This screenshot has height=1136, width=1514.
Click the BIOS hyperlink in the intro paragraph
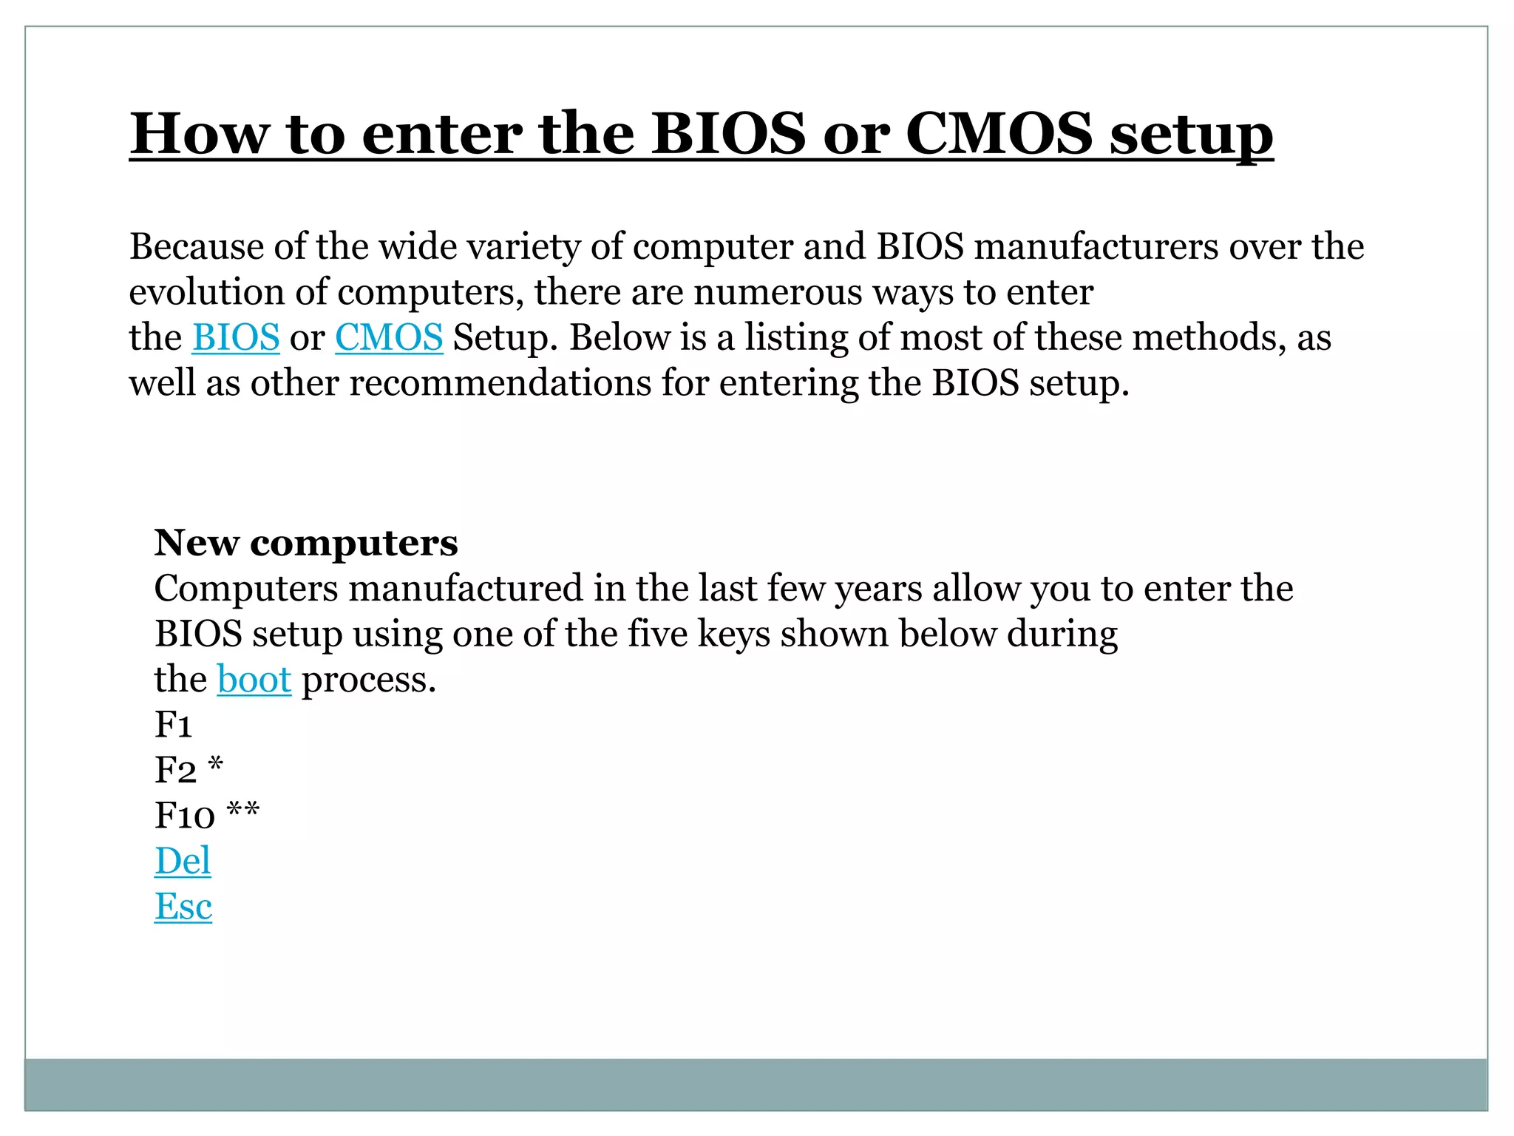(x=236, y=337)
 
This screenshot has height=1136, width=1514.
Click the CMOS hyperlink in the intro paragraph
(x=389, y=337)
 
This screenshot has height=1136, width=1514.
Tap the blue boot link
(x=254, y=679)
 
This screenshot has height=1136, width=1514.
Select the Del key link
(x=183, y=861)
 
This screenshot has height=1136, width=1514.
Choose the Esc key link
(x=183, y=907)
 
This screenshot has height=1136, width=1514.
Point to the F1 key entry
(x=173, y=725)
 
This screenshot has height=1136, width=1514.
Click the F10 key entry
(x=185, y=816)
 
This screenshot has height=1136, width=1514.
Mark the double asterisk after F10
(x=243, y=811)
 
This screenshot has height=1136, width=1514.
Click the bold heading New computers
(x=306, y=543)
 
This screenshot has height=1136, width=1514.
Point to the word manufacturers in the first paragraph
(x=1096, y=247)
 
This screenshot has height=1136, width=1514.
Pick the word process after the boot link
(x=369, y=680)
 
